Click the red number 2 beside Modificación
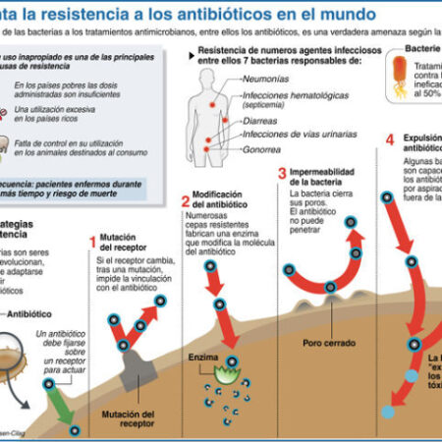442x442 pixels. (185, 200)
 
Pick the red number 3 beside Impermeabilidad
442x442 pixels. (282, 174)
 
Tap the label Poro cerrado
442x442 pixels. (323, 345)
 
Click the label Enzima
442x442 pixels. (203, 358)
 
